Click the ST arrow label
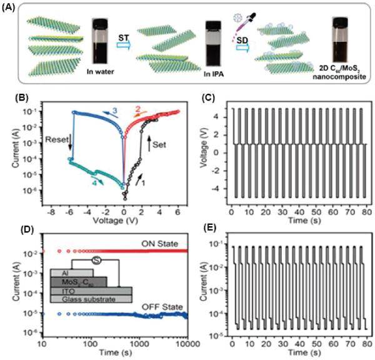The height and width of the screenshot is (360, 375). [125, 39]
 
